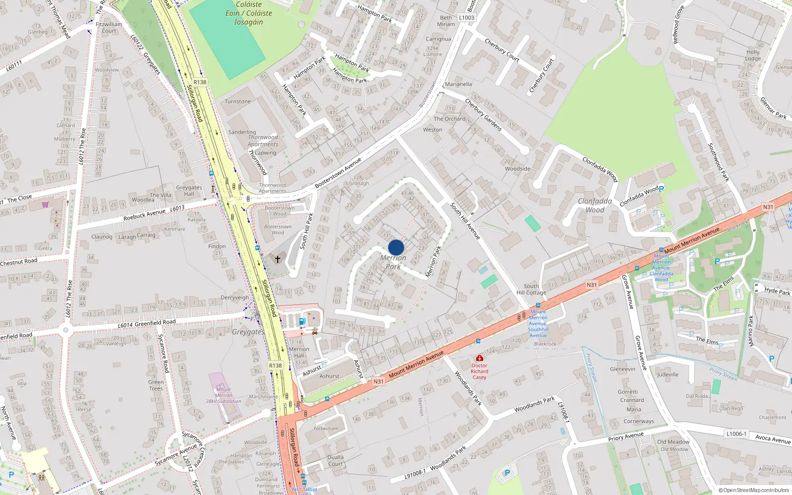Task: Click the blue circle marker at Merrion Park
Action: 396,247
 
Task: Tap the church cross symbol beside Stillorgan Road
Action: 278,259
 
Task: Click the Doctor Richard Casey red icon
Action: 479,358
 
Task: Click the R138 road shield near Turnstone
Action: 200,82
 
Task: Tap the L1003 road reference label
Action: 466,18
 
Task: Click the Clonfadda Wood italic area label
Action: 595,205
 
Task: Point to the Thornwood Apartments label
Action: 263,141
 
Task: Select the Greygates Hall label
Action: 189,191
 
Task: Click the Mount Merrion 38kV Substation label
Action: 224,395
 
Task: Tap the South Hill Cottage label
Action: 531,290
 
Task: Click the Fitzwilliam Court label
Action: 109,27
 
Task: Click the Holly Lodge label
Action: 753,55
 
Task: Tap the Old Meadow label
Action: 673,442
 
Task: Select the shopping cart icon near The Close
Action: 45,204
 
